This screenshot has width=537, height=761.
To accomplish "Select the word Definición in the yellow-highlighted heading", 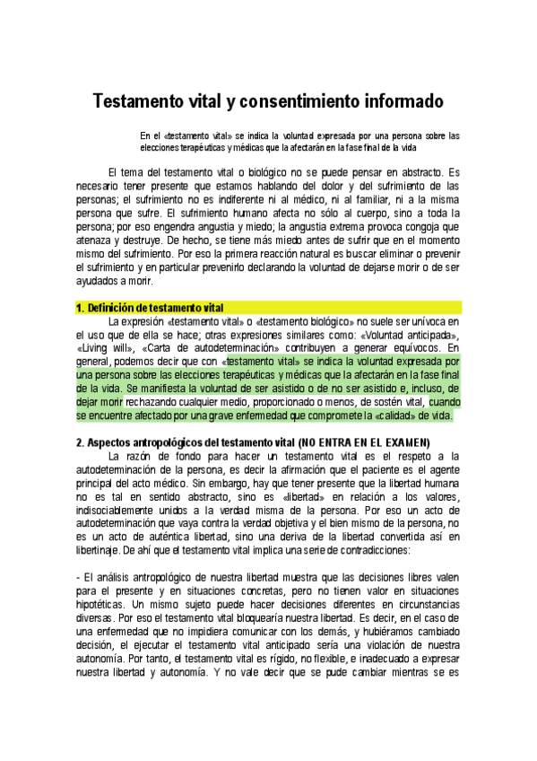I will pos(123,307).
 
